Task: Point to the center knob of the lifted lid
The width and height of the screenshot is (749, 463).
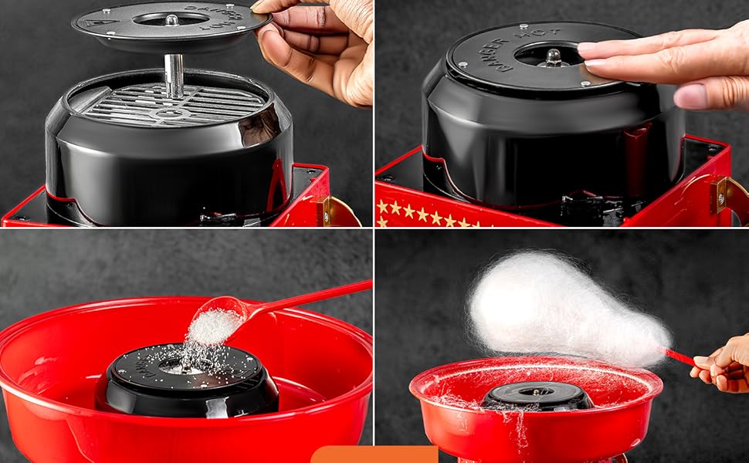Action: (x=171, y=19)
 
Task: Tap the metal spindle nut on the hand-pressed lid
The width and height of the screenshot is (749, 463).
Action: (x=552, y=57)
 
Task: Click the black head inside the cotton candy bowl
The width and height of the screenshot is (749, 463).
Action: (x=537, y=396)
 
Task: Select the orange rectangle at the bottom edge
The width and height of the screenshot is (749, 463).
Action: (x=374, y=455)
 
